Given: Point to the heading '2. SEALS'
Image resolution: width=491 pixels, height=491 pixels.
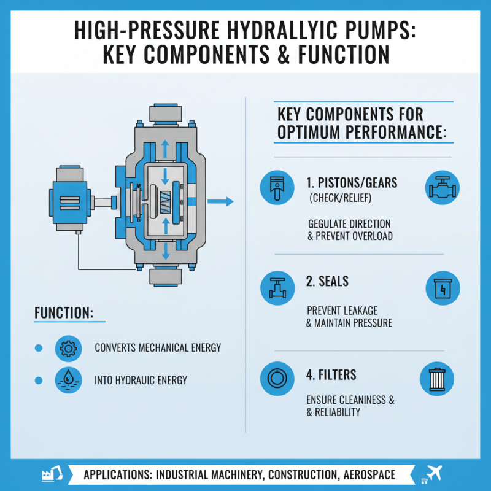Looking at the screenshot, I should pyautogui.click(x=327, y=282).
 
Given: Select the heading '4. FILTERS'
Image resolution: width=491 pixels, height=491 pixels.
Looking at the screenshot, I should pyautogui.click(x=331, y=374).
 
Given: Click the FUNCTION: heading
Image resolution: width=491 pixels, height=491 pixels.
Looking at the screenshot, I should pyautogui.click(x=63, y=312).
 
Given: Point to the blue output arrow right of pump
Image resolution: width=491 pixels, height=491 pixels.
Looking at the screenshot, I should pyautogui.click(x=221, y=201).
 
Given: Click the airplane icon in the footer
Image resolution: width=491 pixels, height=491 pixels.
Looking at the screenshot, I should pyautogui.click(x=434, y=474).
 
